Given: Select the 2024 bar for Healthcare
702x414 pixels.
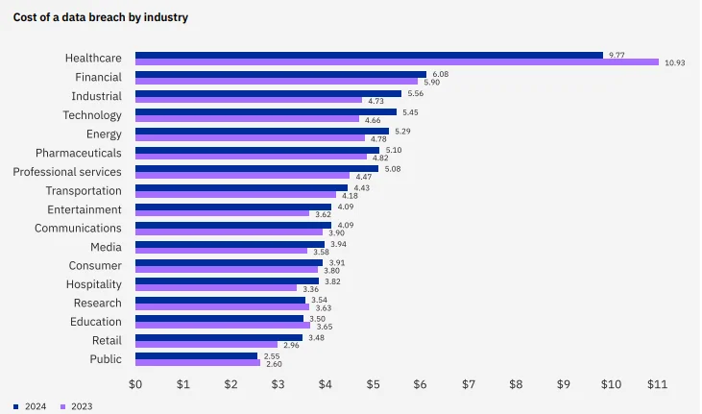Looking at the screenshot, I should (369, 55).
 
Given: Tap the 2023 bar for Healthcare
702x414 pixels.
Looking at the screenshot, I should (397, 62).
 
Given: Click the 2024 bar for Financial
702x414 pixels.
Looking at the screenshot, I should (280, 74).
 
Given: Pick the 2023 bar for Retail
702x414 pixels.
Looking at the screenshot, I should (206, 344).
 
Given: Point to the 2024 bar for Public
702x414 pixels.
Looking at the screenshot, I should (196, 355).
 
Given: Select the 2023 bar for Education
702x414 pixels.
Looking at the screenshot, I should (222, 326).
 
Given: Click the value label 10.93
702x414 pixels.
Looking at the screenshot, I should (675, 62).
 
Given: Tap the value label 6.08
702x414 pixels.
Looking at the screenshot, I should (441, 74).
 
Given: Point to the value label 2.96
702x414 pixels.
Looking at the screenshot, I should (291, 344).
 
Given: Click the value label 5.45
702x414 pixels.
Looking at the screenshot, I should (411, 111).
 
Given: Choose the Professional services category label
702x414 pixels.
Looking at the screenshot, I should (67, 172).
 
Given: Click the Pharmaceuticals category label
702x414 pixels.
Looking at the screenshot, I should (79, 153).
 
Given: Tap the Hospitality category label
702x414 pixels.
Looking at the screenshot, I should (94, 284).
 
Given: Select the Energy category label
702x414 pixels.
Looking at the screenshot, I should (104, 134).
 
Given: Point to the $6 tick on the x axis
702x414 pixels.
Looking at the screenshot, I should (421, 384).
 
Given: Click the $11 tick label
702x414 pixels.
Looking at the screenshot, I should (657, 384).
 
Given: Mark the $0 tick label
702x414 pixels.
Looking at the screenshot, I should (135, 384).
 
